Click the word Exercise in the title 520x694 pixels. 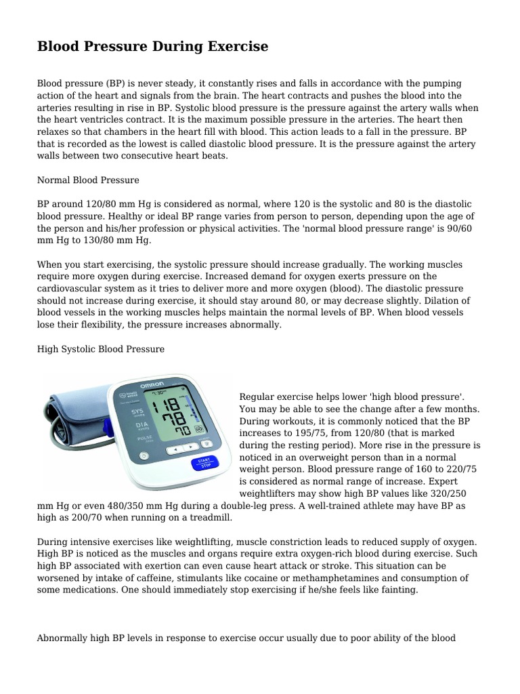[232, 47]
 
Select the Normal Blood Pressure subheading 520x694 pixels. [88, 180]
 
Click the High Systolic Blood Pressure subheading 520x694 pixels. [100, 349]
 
